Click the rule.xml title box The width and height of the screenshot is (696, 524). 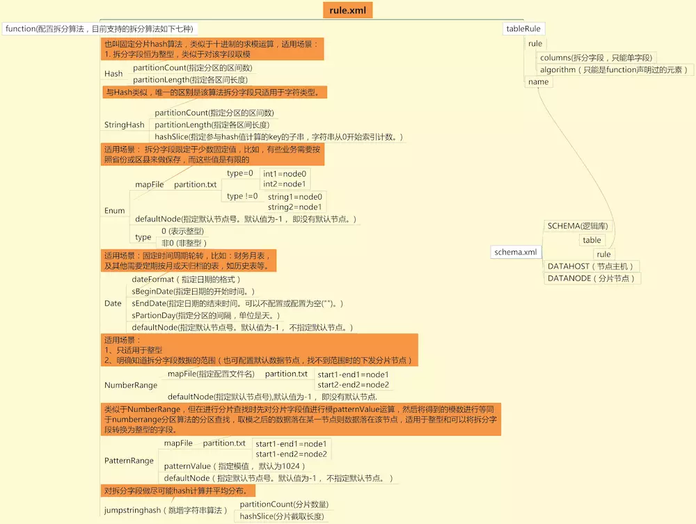click(347, 10)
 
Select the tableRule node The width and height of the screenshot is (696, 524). click(523, 29)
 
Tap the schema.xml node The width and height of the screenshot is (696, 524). click(516, 252)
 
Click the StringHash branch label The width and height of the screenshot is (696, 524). click(125, 125)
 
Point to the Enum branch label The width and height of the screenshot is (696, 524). click(115, 210)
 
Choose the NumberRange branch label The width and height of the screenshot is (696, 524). click(131, 385)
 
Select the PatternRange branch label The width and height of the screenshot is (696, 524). click(129, 461)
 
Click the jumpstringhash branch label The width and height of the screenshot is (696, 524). click(166, 510)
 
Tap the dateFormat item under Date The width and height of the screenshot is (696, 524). click(186, 280)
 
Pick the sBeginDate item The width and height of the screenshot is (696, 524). click(193, 292)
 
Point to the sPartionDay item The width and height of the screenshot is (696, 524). click(205, 315)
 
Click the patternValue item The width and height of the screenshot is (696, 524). click(235, 466)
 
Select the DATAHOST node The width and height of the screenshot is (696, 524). click(590, 267)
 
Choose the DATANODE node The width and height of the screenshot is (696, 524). click(591, 278)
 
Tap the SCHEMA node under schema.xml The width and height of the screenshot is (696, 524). click(578, 226)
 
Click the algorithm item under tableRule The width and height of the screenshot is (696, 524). click(614, 70)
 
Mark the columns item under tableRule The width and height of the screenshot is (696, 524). click(596, 58)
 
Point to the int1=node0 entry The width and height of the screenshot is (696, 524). click(285, 174)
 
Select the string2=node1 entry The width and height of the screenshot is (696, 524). click(294, 207)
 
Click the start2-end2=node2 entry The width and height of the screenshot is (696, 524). click(354, 385)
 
